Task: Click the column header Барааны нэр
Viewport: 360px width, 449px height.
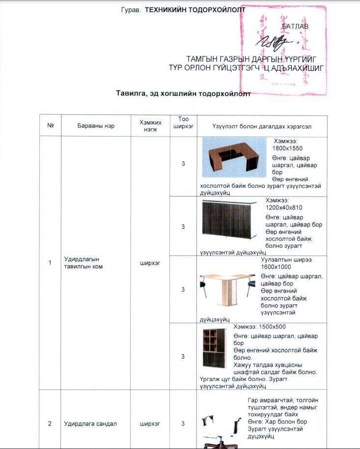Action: point(96,126)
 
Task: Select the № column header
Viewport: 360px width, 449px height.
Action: point(50,126)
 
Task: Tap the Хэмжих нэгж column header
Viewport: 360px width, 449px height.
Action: point(150,126)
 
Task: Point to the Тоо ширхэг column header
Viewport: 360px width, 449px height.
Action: point(183,122)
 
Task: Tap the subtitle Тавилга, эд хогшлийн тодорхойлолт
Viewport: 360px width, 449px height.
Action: point(183,93)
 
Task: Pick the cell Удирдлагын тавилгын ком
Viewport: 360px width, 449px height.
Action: point(85,262)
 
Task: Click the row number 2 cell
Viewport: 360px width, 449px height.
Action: point(50,423)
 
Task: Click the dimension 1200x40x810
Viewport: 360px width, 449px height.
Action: point(284,207)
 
